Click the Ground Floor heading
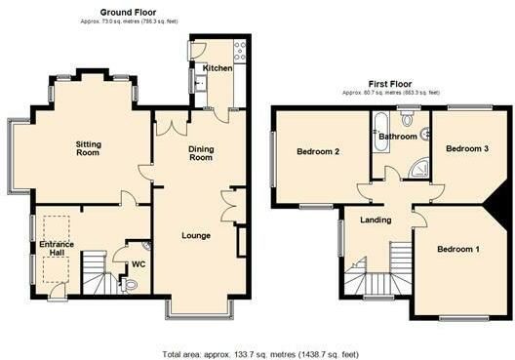128,13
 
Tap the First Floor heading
390,84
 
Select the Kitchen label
218,68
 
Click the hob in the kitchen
239,51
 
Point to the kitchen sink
200,83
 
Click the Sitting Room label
89,148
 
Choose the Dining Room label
201,153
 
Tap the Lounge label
196,236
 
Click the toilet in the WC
129,285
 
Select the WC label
139,264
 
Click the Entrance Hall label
57,249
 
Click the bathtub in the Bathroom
381,132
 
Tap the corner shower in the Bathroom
419,169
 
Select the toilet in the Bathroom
408,119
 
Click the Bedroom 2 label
318,152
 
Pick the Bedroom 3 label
467,149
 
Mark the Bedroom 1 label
458,250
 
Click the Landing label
376,220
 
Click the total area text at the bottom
260,355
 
